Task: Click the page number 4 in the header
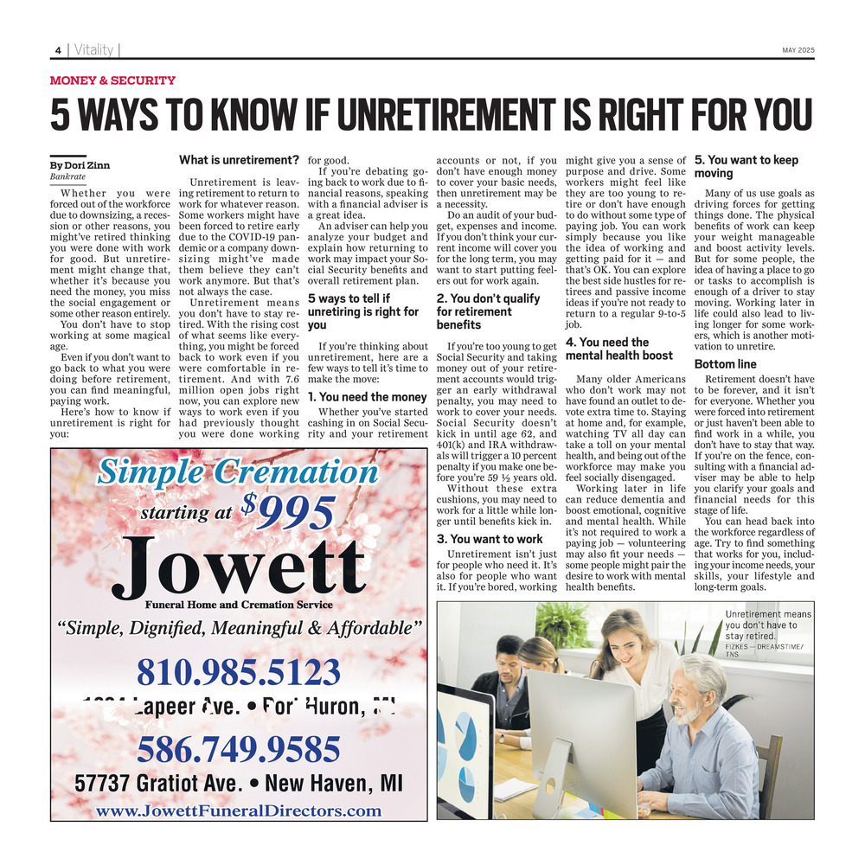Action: (58, 50)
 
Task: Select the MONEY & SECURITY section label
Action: (112, 80)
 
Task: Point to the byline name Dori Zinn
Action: (84, 165)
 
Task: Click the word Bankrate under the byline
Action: (67, 176)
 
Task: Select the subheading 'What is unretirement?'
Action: (239, 160)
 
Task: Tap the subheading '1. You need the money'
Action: (368, 397)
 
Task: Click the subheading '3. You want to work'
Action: (489, 539)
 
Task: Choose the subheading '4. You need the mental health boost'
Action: (618, 349)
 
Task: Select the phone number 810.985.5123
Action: (238, 671)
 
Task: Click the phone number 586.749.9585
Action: (238, 746)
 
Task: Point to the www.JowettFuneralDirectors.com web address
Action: (238, 811)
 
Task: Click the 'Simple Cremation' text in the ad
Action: (237, 472)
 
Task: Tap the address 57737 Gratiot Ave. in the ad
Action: (159, 784)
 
